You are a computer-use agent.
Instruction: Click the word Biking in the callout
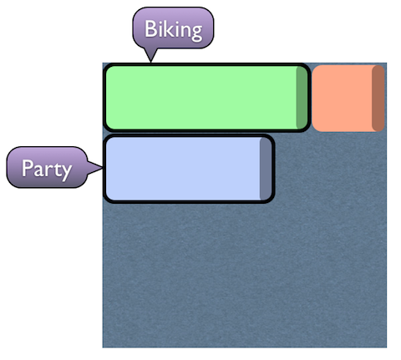(173, 29)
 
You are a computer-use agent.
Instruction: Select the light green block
(206, 98)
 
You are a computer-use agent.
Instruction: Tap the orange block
(348, 99)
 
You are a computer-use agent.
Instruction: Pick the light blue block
(189, 169)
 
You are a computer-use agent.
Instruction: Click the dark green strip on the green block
(302, 98)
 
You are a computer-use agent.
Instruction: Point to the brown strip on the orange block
(378, 99)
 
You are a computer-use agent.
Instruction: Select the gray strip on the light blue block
(266, 169)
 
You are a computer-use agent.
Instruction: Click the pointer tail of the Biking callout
(151, 55)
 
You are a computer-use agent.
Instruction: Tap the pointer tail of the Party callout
(95, 168)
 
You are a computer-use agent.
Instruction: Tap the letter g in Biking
(197, 33)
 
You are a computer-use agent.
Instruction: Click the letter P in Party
(28, 168)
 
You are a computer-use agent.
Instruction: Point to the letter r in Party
(49, 170)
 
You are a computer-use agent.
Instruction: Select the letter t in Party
(58, 169)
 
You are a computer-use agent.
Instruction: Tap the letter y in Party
(67, 173)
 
